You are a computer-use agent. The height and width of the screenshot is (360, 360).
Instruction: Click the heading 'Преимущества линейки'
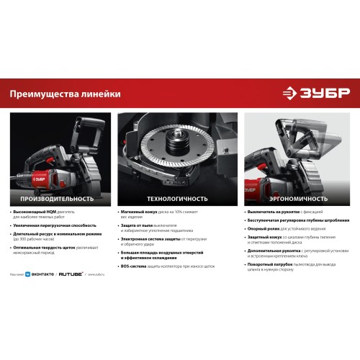click(66, 94)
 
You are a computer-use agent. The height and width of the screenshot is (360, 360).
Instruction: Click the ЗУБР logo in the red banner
click(315, 94)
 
